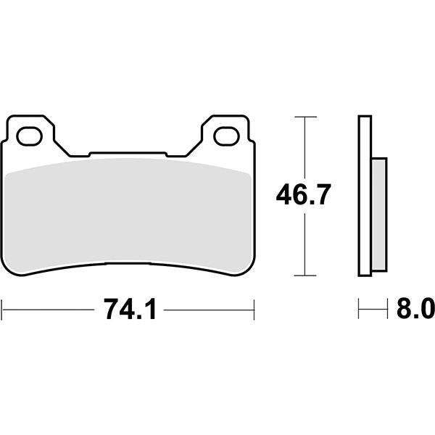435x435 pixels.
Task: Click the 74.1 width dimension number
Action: (x=130, y=310)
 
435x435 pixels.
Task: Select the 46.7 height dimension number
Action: (x=303, y=194)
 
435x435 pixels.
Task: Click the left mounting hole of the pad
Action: (x=30, y=136)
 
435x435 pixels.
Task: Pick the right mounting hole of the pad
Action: (x=226, y=136)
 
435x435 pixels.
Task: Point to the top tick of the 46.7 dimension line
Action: (x=305, y=117)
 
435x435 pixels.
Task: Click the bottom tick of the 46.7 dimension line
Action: (x=305, y=275)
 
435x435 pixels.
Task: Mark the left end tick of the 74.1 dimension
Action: (x=2, y=310)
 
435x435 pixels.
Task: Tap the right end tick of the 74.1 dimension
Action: (x=254, y=310)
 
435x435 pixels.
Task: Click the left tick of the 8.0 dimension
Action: (x=358, y=308)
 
